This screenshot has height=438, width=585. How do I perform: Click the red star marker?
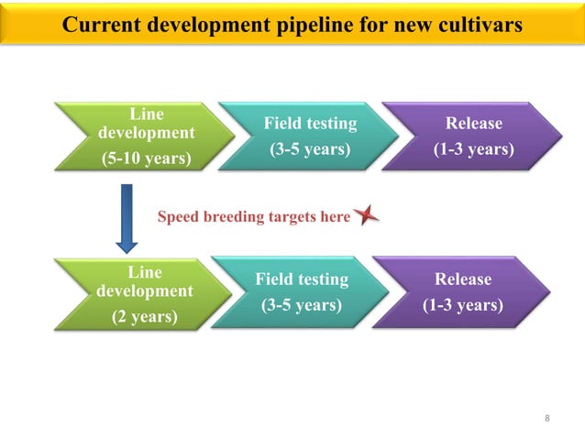(x=367, y=216)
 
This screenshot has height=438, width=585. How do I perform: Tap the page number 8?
(x=547, y=419)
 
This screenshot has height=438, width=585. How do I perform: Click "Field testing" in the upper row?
(x=310, y=124)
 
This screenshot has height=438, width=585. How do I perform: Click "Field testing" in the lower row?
(x=302, y=279)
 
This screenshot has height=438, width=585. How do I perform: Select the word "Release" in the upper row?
(x=473, y=124)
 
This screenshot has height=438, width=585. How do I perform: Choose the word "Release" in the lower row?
(x=464, y=279)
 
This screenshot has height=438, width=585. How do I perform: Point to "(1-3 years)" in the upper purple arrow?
(x=473, y=148)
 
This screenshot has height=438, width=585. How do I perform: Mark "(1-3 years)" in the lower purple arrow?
(x=463, y=304)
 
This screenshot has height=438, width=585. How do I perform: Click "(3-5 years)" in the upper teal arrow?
(x=310, y=148)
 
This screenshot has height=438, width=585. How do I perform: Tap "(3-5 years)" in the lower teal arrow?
(x=302, y=304)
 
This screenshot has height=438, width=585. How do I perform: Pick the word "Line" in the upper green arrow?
(x=146, y=115)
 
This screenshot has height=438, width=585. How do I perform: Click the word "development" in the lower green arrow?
(x=144, y=290)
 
